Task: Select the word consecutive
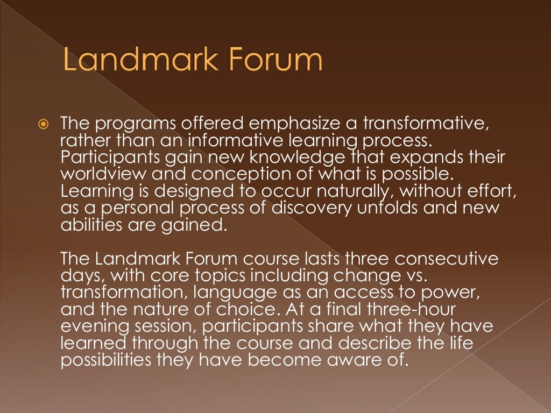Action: pos(444,258)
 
